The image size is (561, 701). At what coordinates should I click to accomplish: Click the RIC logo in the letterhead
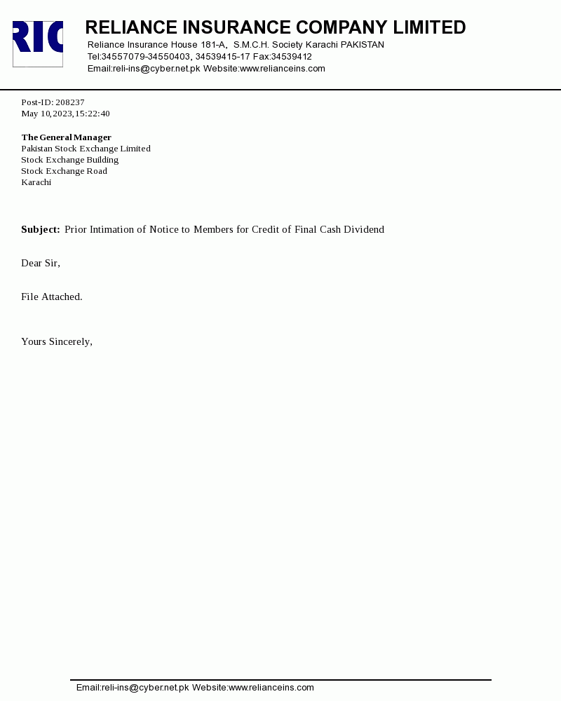[x=38, y=43]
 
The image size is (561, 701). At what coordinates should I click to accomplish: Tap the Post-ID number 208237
[x=70, y=102]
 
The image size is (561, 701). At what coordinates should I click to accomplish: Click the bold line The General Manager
[x=67, y=137]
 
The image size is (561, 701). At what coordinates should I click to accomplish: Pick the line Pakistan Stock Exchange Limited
[x=86, y=149]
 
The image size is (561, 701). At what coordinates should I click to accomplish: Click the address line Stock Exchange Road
[x=64, y=171]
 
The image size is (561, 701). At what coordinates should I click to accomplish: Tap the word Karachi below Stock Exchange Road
[x=36, y=182]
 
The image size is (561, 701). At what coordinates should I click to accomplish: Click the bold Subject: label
[x=41, y=230]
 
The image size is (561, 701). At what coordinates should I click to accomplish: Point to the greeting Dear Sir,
[x=41, y=264]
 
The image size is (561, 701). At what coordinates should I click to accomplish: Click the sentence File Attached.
[x=52, y=297]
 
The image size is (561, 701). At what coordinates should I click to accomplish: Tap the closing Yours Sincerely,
[x=57, y=342]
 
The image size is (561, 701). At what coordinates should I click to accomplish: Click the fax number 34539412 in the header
[x=292, y=57]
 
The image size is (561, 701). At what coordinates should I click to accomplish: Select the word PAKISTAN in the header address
[x=363, y=45]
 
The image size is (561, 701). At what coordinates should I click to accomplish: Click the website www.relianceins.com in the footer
[x=271, y=688]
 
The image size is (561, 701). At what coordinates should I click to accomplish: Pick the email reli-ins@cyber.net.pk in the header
[x=156, y=69]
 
